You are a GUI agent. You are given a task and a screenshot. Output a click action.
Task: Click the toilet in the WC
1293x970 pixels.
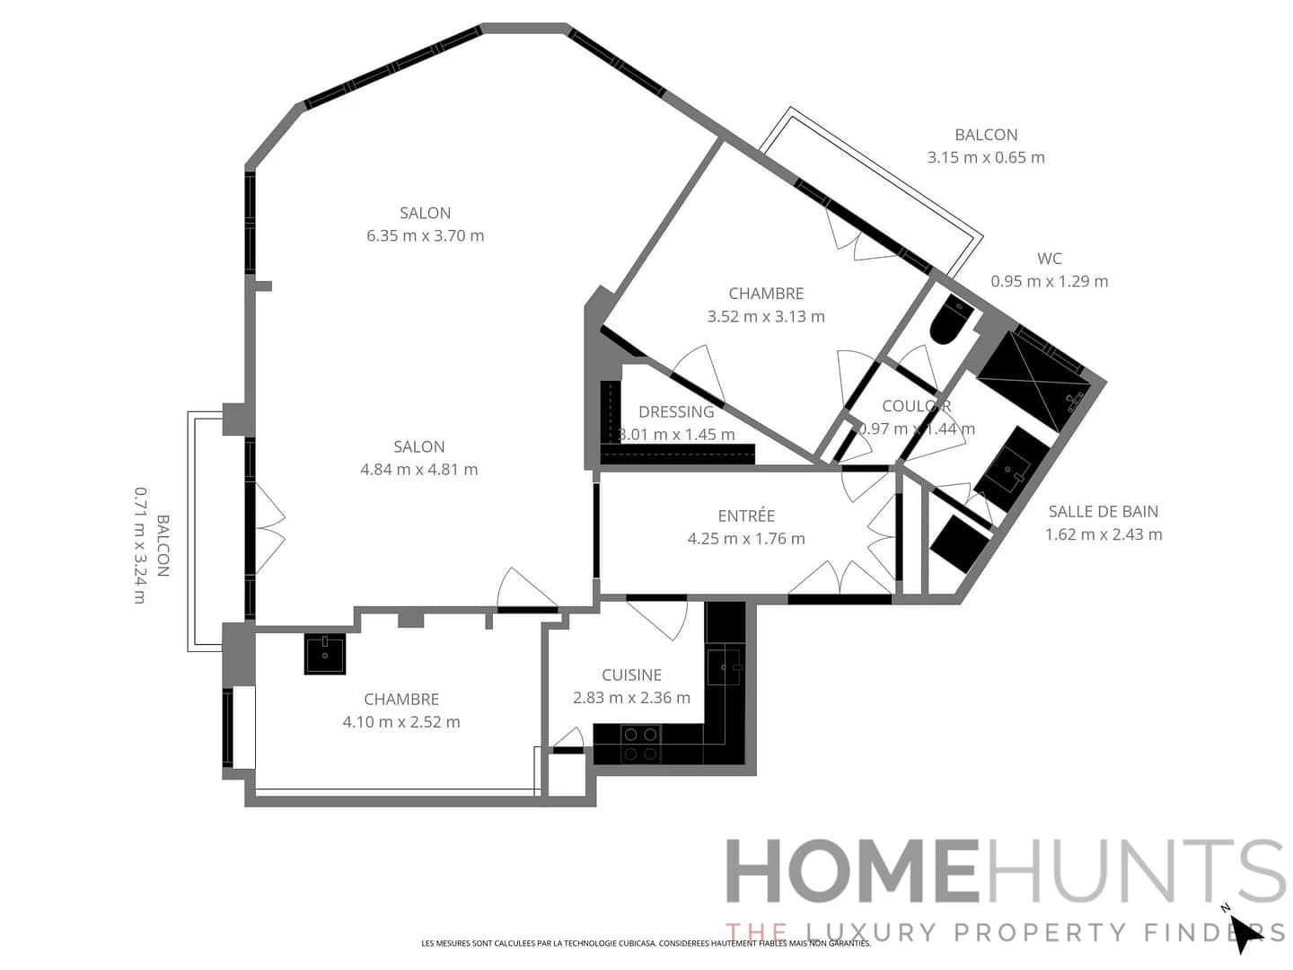point(951,322)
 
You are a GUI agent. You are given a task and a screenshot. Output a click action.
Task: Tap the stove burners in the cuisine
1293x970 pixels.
point(640,744)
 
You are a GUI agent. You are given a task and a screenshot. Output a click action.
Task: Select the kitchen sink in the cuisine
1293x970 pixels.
point(724,667)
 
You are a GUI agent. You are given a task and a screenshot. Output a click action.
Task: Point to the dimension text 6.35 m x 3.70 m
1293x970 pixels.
point(425,236)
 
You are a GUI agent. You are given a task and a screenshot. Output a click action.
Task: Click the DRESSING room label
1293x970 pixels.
point(676,412)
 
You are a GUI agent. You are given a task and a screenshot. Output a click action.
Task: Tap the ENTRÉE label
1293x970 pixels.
point(746,516)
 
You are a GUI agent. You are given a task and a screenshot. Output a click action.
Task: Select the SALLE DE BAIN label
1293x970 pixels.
point(1103,512)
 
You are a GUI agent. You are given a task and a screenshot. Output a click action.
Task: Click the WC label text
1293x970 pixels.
point(1049,259)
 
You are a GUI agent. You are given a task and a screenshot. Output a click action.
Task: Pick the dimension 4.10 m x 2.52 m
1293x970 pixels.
point(401,722)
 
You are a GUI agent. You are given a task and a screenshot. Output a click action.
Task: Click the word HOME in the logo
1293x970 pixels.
point(851,871)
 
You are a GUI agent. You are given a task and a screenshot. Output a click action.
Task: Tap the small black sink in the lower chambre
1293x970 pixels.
point(324,654)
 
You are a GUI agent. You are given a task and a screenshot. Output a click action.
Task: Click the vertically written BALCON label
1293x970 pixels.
point(163,545)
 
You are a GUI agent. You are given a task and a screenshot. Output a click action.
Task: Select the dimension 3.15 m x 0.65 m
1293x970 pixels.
point(986,157)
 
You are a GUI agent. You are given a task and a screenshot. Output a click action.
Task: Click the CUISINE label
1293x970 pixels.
point(631,675)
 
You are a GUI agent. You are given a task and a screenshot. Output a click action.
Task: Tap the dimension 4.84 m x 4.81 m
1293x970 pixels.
point(418,470)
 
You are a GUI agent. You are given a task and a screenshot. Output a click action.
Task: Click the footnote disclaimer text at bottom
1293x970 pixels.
point(646,943)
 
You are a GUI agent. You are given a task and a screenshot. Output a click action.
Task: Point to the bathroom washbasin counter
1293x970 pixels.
point(1012,468)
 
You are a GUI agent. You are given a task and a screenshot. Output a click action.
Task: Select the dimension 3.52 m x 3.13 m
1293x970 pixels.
point(766,316)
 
